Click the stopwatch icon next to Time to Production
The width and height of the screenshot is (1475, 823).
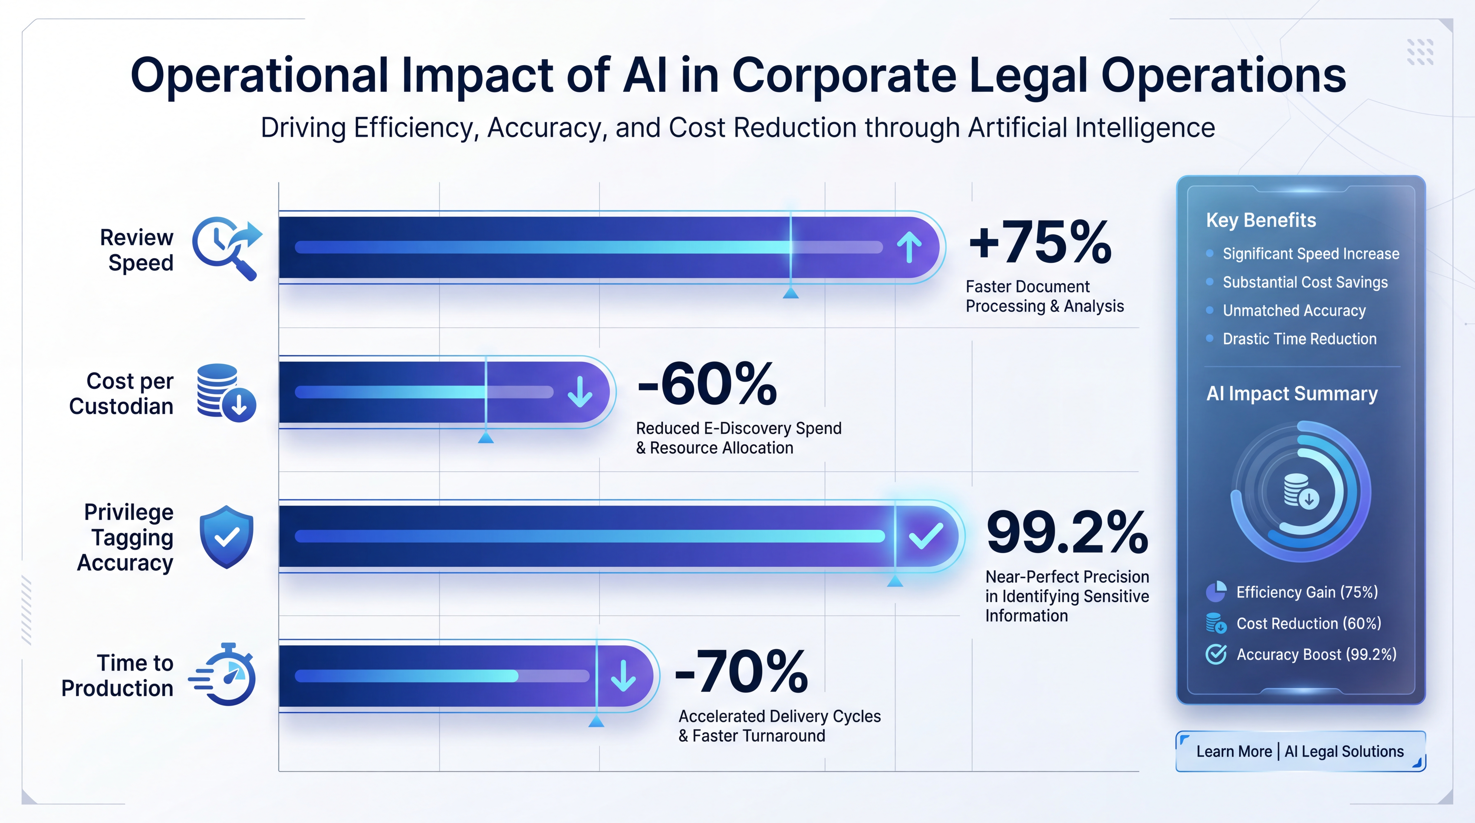(223, 674)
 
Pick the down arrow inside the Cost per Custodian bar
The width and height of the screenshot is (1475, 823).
(580, 392)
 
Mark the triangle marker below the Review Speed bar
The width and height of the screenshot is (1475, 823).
(791, 293)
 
